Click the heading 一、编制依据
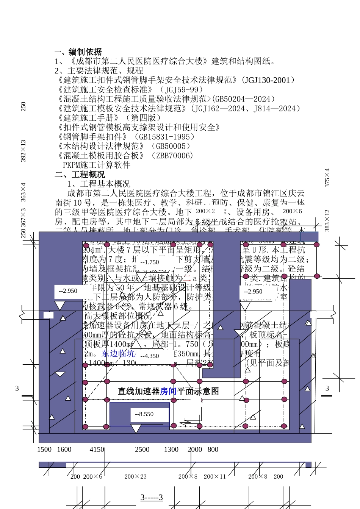[78, 52]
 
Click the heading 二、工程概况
[80, 175]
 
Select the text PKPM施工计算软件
[97, 165]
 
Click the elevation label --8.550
[144, 414]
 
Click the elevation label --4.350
[149, 356]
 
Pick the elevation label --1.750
[149, 262]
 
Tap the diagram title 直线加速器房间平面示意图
[168, 391]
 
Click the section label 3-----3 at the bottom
[152, 497]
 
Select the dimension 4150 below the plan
[97, 450]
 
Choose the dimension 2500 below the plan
[142, 450]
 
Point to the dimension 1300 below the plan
[171, 450]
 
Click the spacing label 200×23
[135, 477]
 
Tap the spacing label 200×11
[214, 477]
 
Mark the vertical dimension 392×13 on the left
[23, 151]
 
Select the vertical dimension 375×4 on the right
[327, 178]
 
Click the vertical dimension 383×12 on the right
[327, 220]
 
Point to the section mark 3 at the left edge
[17, 389]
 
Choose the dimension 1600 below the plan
[64, 450]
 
